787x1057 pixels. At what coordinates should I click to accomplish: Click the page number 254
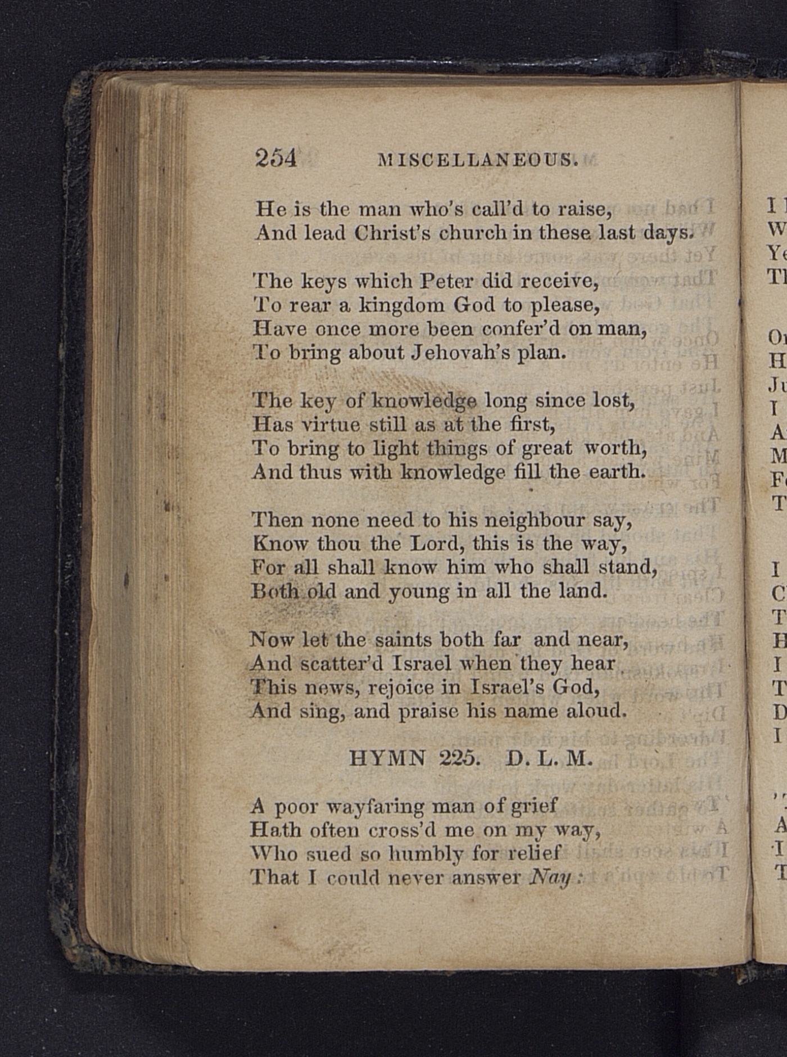275,158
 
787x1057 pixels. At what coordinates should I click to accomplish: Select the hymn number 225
459,759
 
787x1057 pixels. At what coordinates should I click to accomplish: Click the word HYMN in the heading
387,759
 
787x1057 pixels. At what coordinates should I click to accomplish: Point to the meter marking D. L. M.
549,759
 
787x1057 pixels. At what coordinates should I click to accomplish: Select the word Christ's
388,233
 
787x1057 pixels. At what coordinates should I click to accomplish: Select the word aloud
596,711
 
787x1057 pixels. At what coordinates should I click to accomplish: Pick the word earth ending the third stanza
616,472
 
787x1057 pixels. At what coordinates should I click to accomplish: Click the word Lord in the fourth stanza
437,544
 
